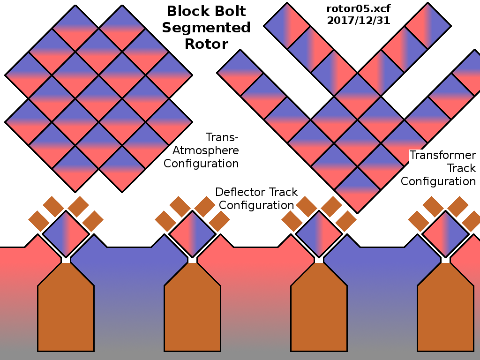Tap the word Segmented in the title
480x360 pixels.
(206, 28)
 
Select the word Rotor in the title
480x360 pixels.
(206, 44)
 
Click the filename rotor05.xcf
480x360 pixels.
(358, 9)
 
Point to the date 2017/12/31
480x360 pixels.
(358, 21)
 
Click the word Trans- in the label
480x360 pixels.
(222, 137)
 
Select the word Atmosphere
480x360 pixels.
(206, 150)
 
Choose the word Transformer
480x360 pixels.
(443, 155)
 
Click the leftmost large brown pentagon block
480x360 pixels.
(66, 309)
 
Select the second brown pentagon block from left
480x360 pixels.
(192, 309)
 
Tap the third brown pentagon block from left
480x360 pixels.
(319, 309)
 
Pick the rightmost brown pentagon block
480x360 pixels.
(445, 309)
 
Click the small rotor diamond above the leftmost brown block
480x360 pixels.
(66, 233)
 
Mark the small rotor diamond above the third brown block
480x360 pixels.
(319, 233)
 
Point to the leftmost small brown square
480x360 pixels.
(38, 221)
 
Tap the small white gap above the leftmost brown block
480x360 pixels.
(66, 260)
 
